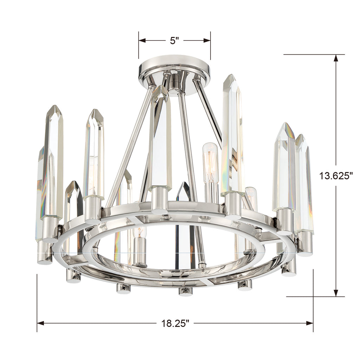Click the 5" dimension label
(x=174, y=41)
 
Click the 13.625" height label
(x=336, y=176)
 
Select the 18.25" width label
(x=175, y=323)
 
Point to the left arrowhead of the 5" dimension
(x=142, y=41)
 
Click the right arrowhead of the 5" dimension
(x=207, y=41)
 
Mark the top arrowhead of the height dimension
(x=336, y=58)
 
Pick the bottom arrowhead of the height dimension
(x=336, y=293)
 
